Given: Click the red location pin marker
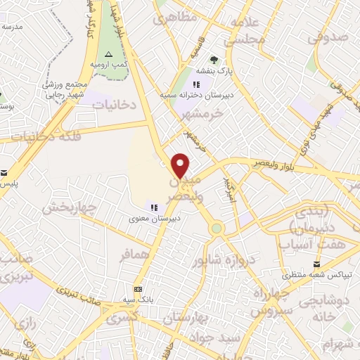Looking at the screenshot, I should [181, 165].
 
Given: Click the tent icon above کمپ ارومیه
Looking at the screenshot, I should [108, 55].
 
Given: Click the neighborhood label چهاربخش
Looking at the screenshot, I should [68, 207].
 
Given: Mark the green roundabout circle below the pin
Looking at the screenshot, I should [216, 229].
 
